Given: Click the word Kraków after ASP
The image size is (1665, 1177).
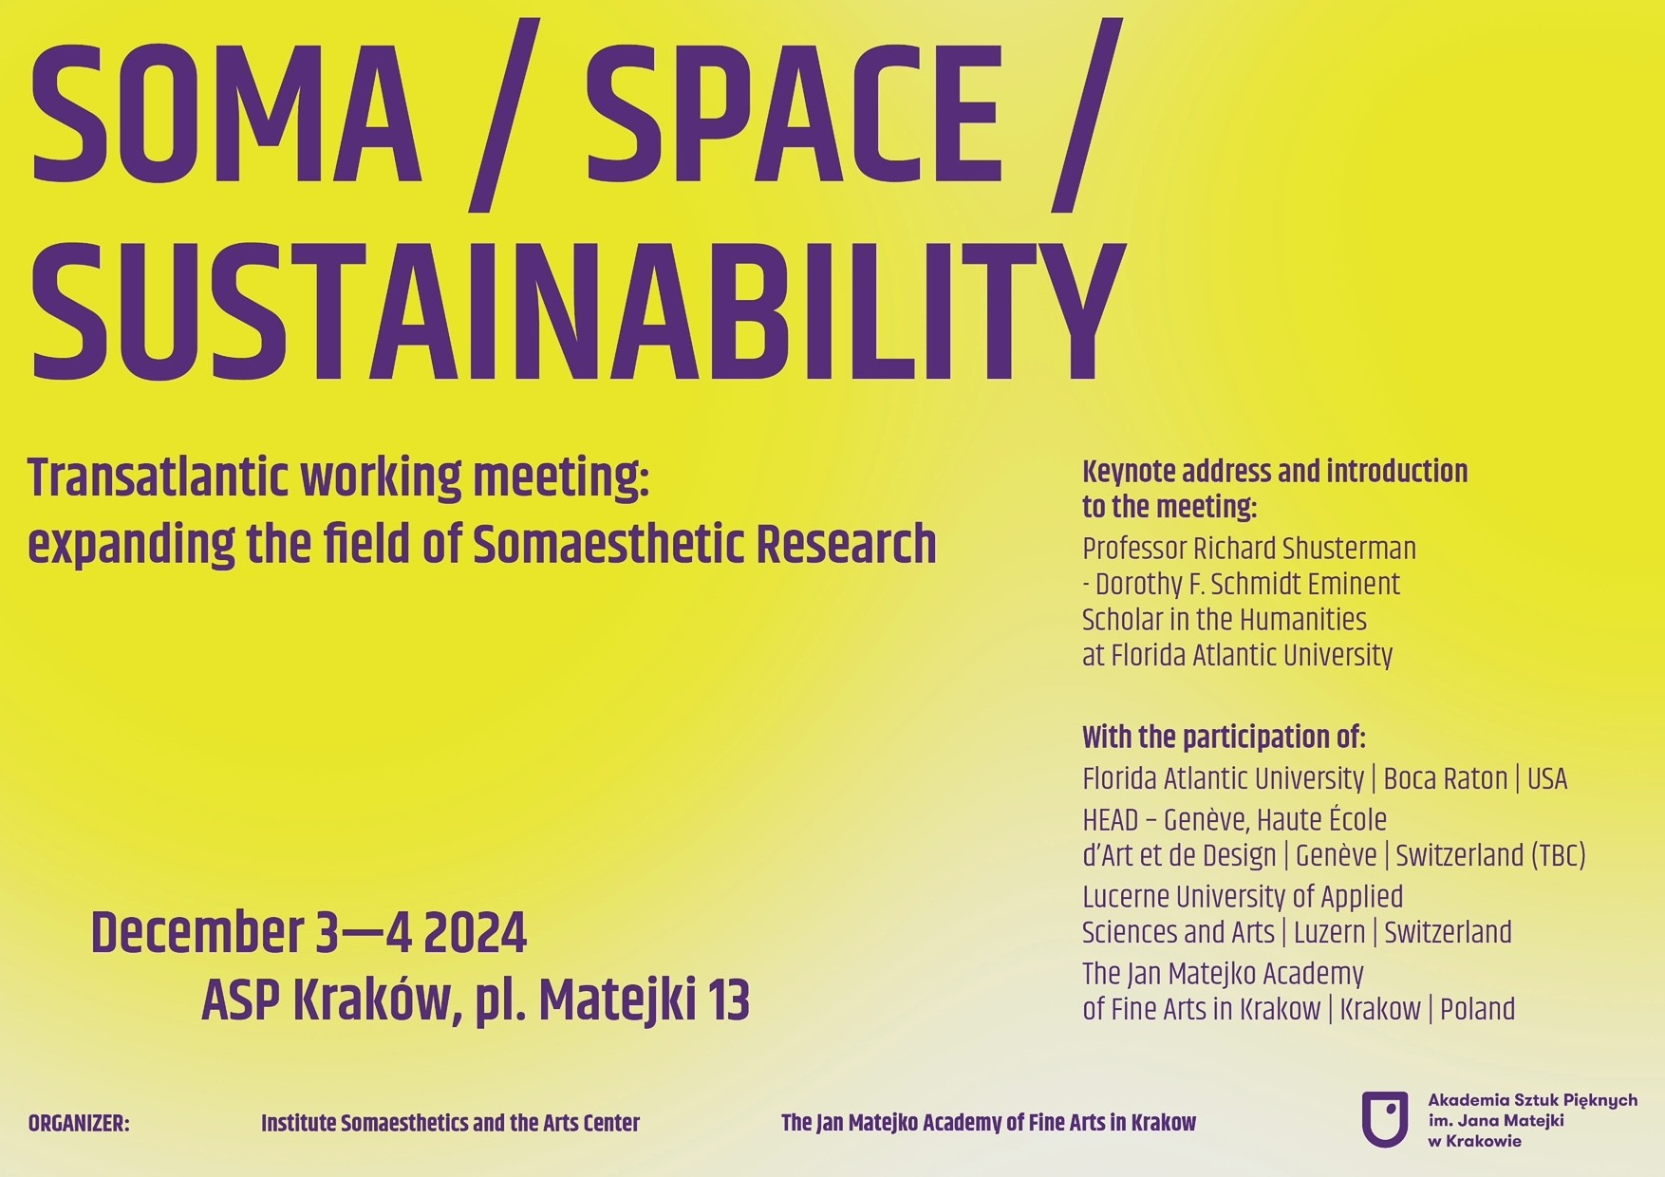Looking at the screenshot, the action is [376, 1001].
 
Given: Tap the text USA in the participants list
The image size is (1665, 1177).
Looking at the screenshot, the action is [1547, 779].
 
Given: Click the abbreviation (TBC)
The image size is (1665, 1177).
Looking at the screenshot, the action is [1558, 856].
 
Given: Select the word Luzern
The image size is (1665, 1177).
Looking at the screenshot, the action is [1329, 932].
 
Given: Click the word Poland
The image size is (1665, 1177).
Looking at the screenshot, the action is [1477, 1009].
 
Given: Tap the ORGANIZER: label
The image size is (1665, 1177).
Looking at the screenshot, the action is [79, 1124].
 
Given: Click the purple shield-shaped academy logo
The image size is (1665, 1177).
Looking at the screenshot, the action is [1384, 1120].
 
